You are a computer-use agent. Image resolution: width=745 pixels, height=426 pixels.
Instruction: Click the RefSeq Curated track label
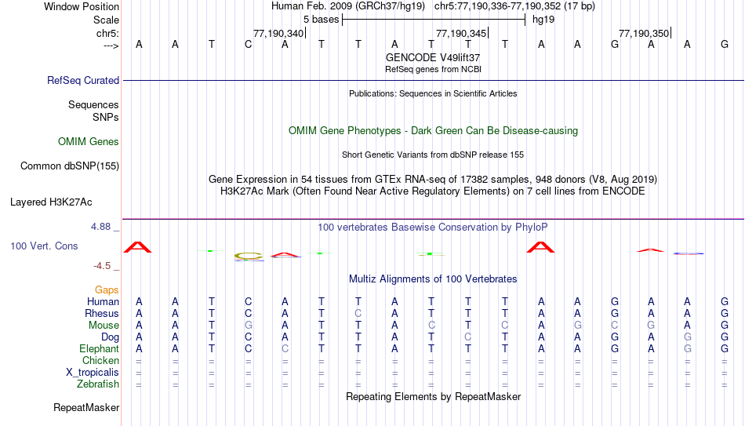(83, 80)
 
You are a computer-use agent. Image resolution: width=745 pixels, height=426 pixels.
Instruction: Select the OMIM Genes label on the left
(89, 142)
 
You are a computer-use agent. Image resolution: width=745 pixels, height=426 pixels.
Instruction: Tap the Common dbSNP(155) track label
(70, 166)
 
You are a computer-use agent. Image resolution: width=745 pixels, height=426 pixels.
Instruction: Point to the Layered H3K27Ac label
(51, 202)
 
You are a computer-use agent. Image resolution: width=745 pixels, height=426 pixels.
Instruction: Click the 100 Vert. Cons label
(44, 246)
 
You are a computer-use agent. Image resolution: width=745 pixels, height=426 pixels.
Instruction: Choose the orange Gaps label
(107, 290)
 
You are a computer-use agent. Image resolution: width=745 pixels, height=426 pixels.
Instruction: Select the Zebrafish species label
(98, 384)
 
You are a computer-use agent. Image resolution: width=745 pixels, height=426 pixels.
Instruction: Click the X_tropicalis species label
(93, 373)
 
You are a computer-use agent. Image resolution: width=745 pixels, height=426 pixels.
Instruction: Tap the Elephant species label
(100, 349)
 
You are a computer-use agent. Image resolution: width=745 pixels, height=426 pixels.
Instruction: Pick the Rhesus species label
(102, 313)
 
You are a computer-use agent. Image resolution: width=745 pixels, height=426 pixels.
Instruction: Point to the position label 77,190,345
(461, 33)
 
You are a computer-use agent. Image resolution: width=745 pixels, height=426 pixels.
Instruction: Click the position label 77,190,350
(644, 33)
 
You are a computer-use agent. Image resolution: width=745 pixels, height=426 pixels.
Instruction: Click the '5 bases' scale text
(322, 20)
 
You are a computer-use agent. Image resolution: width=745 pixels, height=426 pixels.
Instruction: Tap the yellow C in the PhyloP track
(249, 256)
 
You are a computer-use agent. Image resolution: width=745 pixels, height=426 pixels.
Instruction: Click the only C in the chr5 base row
(248, 45)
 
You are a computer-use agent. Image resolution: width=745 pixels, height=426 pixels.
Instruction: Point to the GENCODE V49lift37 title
(433, 57)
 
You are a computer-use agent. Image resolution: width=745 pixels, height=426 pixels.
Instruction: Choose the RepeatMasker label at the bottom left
(86, 407)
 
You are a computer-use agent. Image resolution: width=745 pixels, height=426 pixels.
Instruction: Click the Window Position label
(82, 6)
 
